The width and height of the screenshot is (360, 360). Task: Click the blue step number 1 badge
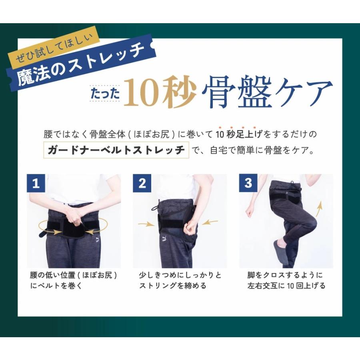(x=36, y=183)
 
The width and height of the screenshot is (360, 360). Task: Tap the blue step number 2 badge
(x=142, y=183)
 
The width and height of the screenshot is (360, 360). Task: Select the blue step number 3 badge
(x=248, y=183)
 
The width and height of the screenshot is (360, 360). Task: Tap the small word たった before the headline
(x=105, y=94)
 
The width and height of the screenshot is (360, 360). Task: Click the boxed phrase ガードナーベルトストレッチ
(x=116, y=150)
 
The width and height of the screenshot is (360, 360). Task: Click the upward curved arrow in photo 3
(x=318, y=208)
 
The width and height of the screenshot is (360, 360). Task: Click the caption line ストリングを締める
(x=173, y=286)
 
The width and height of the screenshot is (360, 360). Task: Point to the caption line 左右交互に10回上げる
(x=286, y=286)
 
